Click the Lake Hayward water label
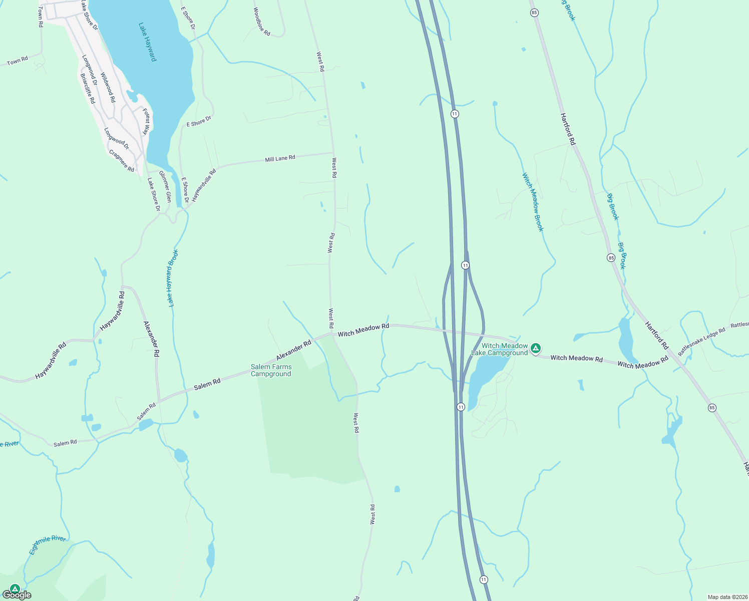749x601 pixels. point(148,42)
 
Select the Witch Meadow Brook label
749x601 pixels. point(533,202)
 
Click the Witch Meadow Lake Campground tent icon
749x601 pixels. point(536,348)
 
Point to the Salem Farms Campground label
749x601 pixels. point(271,371)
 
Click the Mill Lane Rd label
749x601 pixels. point(280,158)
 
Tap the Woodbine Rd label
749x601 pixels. point(261,22)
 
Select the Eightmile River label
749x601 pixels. point(47,545)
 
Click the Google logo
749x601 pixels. point(17,595)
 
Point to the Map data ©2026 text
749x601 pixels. point(726,597)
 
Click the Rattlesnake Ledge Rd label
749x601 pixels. point(701,342)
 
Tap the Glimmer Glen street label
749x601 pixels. point(165,186)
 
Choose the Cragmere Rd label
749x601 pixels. point(122,161)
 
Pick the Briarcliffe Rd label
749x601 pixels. point(88,88)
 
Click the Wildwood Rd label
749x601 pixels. point(108,88)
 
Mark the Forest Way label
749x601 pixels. point(146,122)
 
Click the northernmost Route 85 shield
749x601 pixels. point(535,13)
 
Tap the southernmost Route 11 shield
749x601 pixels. point(483,579)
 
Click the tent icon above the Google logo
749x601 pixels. point(15,588)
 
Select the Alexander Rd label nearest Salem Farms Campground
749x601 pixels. point(293,350)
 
